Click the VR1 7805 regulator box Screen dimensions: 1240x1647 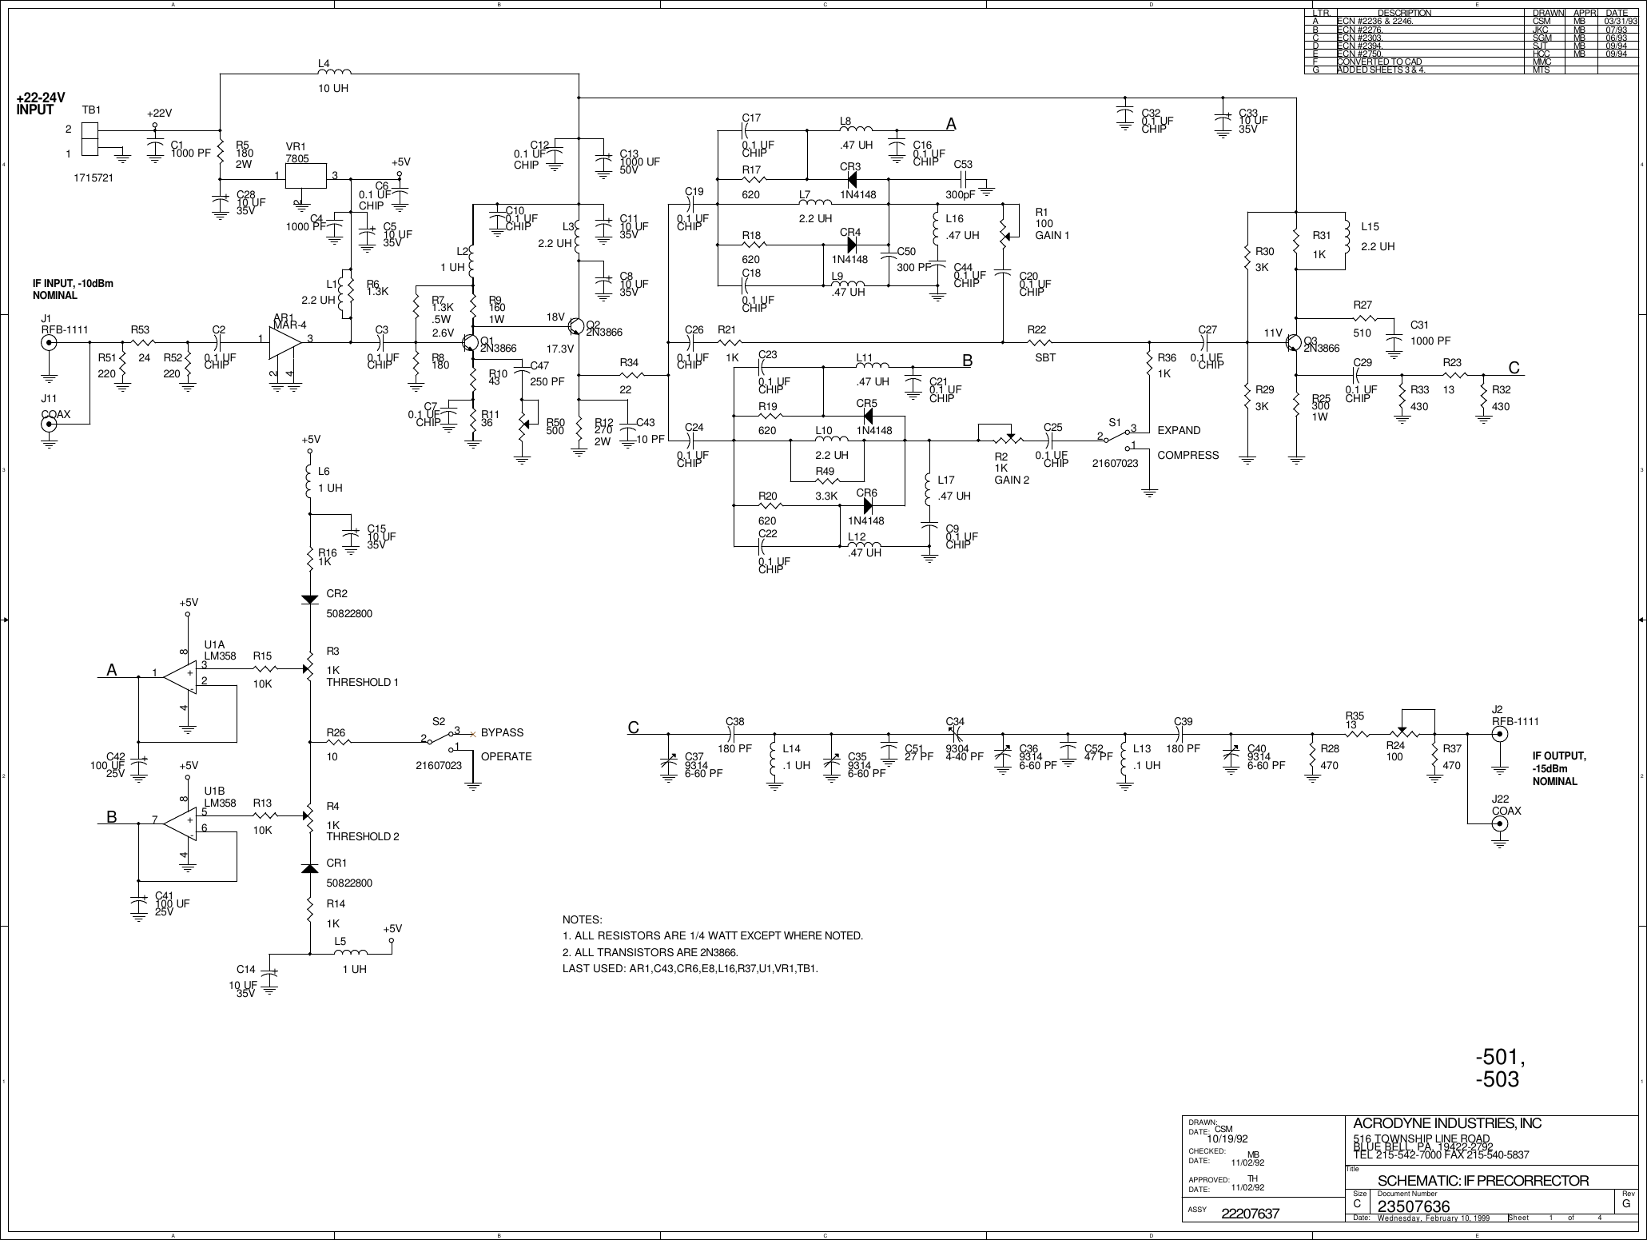click(307, 176)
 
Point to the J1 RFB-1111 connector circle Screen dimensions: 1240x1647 click(49, 343)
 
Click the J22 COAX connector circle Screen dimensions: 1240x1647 click(1501, 823)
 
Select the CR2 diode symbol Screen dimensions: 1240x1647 click(310, 598)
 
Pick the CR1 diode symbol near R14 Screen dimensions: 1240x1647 click(310, 868)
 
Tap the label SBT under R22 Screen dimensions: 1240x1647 click(1036, 357)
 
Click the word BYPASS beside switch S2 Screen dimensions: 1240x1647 click(502, 732)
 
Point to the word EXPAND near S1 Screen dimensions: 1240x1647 click(1179, 430)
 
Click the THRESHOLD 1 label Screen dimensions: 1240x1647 click(361, 682)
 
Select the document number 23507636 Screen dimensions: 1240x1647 click(1414, 1206)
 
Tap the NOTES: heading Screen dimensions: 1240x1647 click(582, 920)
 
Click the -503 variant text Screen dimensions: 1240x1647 click(1497, 1079)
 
